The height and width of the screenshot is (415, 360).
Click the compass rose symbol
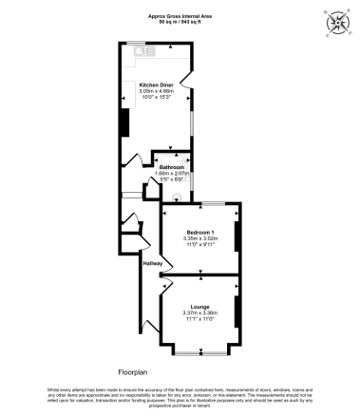336,23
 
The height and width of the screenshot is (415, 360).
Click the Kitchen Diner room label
155,85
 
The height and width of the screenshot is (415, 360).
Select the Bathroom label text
172,166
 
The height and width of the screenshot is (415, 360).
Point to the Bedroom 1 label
199,232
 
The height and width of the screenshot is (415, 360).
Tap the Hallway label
154,263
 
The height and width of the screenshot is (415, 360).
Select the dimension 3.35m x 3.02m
199,238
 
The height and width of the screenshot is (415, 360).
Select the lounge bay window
199,352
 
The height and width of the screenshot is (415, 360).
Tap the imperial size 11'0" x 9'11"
199,244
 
